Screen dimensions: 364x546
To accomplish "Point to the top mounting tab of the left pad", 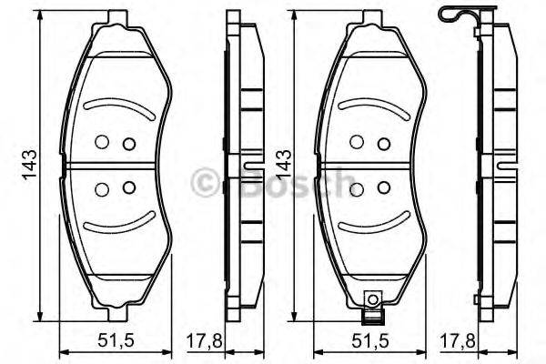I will tap(116, 16).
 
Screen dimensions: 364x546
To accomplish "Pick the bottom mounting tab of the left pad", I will tap(116, 313).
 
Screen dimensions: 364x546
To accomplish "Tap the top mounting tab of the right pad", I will tap(370, 16).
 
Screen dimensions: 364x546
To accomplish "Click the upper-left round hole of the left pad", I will tap(102, 141).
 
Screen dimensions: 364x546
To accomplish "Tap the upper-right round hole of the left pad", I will tap(128, 143).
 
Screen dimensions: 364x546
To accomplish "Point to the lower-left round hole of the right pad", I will tap(357, 189).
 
